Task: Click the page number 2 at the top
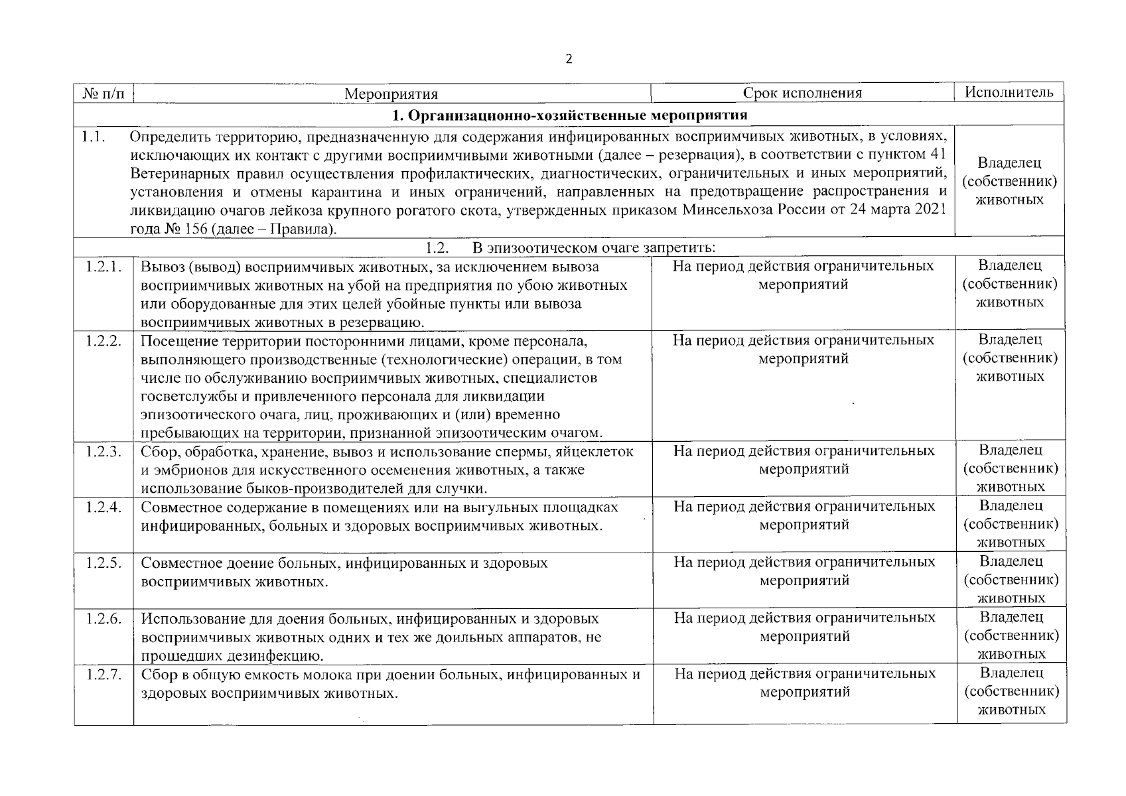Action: pyautogui.click(x=568, y=59)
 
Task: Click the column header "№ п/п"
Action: pyautogui.click(x=104, y=93)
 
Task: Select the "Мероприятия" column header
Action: pyautogui.click(x=391, y=94)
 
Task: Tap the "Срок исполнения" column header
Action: pyautogui.click(x=802, y=93)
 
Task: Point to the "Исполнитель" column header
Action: pyautogui.click(x=1009, y=92)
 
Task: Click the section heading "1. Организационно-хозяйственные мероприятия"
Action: pyautogui.click(x=569, y=115)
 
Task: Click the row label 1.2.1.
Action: pyautogui.click(x=104, y=267)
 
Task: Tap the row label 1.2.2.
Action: pyautogui.click(x=104, y=341)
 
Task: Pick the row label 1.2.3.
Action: pyautogui.click(x=104, y=452)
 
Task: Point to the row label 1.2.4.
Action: pyautogui.click(x=104, y=507)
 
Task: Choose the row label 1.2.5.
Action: pyautogui.click(x=104, y=563)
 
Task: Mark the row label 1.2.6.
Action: pyautogui.click(x=104, y=619)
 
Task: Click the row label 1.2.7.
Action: pyautogui.click(x=104, y=675)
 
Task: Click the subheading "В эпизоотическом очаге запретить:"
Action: pyautogui.click(x=594, y=248)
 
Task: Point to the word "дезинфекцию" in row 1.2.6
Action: pyautogui.click(x=279, y=657)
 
